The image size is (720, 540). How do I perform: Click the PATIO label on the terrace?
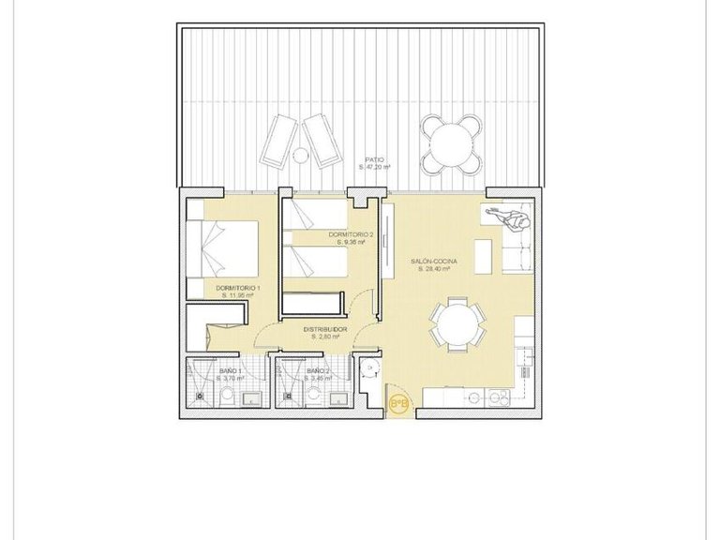[x=376, y=160]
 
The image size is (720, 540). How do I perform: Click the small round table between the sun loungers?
[x=300, y=155]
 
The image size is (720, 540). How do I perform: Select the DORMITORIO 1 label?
[x=238, y=287]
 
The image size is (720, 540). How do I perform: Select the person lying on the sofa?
[x=507, y=219]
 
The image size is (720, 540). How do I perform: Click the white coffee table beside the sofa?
[x=485, y=252]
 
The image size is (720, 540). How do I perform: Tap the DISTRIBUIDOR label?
[x=325, y=330]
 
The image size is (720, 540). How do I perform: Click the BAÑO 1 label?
[x=231, y=371]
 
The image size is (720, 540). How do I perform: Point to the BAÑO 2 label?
[x=318, y=371]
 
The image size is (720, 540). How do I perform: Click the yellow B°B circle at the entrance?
[x=398, y=404]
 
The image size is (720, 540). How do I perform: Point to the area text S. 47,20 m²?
[x=376, y=168]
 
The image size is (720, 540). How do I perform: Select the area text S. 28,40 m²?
[x=434, y=269]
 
